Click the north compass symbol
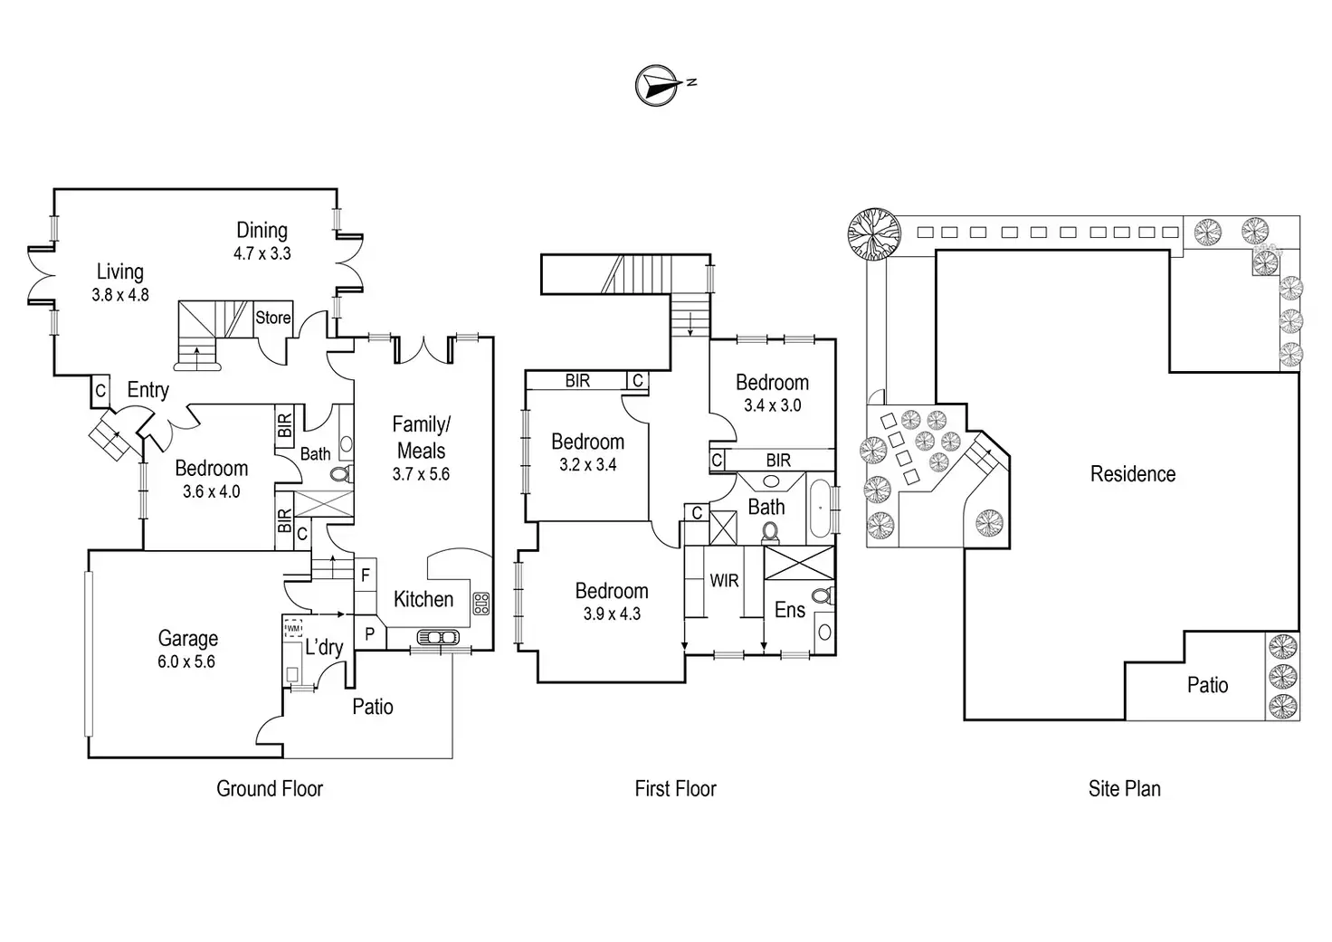658,85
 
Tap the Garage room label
188,638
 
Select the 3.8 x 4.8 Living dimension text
120,295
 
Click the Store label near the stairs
272,318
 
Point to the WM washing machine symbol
293,628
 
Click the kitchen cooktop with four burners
481,604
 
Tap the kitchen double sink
437,638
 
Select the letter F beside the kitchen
366,575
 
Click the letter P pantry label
369,634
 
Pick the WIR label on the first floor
724,581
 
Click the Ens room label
790,610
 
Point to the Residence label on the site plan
1132,474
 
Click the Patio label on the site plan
1207,685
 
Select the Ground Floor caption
270,788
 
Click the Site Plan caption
1124,789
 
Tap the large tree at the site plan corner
873,233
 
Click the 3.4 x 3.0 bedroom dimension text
772,405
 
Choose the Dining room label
262,231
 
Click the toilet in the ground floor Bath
340,474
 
